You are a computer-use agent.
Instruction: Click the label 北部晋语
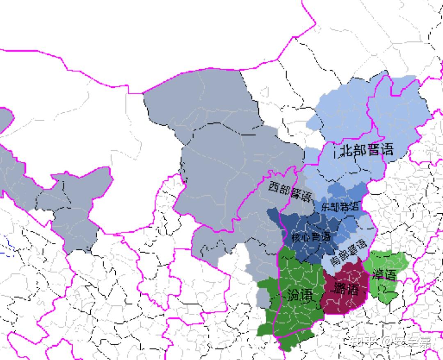coord(366,150)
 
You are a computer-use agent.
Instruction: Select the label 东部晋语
coord(340,206)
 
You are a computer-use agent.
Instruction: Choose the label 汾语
coord(300,294)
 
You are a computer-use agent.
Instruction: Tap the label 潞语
coord(345,289)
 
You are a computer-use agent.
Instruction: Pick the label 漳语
coord(384,274)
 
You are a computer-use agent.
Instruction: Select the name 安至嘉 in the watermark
coord(413,342)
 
